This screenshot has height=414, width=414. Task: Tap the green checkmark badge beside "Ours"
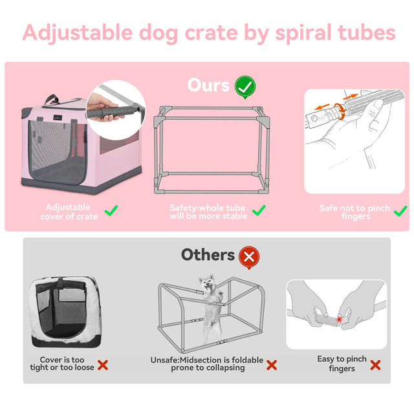coord(245,86)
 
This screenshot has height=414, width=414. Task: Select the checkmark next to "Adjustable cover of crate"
coord(111,210)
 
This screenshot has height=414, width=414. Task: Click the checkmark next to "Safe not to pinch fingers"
coord(400,210)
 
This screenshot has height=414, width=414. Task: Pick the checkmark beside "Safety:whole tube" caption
coord(259,210)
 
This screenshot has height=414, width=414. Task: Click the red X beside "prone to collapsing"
coord(272,365)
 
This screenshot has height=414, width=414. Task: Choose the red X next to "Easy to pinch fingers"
coord(375,365)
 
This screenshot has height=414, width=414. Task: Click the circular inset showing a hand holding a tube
coord(111,107)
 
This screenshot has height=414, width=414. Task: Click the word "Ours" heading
coord(208,85)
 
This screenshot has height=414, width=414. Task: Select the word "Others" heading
coord(208,255)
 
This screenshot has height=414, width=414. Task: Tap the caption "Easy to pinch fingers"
coord(342,364)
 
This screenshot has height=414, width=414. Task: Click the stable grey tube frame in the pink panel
coord(210,149)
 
